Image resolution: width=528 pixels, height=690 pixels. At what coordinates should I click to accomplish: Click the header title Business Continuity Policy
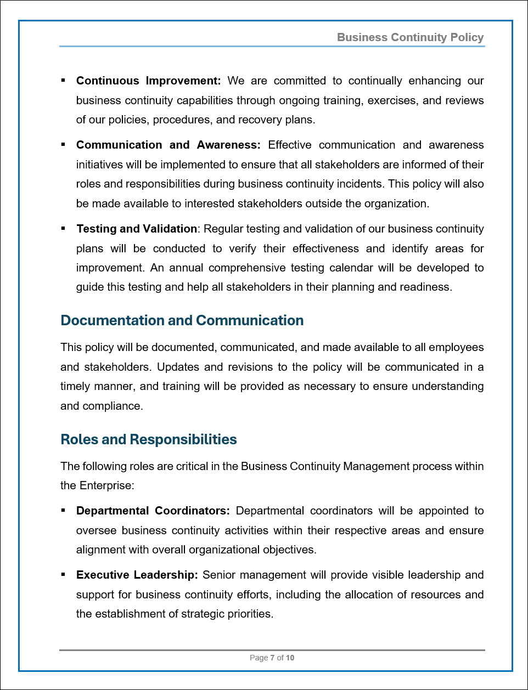click(410, 37)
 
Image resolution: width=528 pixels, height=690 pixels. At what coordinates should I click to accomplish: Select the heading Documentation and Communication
click(182, 320)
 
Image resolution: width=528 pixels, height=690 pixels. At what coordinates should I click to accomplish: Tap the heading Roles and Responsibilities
click(148, 439)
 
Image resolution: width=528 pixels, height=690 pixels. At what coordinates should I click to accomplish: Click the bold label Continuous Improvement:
click(148, 81)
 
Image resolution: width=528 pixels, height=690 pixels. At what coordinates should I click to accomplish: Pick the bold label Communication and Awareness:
click(168, 145)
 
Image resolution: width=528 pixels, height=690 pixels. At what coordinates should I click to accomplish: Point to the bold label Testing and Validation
click(137, 229)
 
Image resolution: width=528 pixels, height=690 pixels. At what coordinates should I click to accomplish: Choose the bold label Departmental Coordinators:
click(153, 511)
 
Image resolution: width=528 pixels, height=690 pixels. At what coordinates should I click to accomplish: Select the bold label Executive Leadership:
click(137, 575)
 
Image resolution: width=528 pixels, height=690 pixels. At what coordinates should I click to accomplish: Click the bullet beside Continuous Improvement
click(63, 81)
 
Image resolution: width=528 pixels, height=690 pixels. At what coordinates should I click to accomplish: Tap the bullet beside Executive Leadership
click(63, 575)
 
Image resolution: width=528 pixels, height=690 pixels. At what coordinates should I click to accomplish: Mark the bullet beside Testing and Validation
click(63, 228)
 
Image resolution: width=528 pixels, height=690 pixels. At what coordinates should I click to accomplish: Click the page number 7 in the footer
click(272, 658)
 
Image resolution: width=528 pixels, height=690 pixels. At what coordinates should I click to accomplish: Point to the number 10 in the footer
click(290, 658)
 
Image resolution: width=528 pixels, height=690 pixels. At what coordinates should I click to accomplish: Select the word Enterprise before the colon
click(105, 485)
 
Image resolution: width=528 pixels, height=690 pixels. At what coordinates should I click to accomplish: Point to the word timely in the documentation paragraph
click(75, 386)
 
